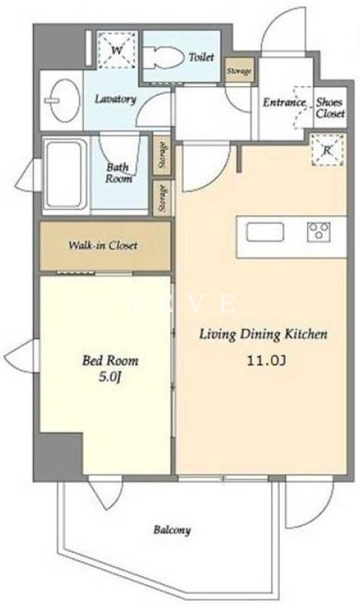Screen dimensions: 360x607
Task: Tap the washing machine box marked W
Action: point(117,50)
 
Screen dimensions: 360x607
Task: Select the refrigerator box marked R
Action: point(328,150)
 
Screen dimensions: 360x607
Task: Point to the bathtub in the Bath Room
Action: point(65,174)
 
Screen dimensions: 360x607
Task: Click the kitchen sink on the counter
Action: point(266,232)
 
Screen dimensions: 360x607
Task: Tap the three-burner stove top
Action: point(318,232)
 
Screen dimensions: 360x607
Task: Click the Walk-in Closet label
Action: point(103,245)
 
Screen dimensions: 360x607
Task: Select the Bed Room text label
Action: point(110,361)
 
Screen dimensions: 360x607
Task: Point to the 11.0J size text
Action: point(266,361)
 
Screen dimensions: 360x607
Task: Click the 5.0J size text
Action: point(110,377)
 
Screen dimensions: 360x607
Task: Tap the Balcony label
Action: point(172,530)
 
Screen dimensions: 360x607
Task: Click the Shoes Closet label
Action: point(330,108)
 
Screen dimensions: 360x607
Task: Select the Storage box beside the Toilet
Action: point(239,71)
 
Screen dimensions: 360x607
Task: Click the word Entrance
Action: point(285,102)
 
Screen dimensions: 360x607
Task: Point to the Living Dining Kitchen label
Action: point(263,334)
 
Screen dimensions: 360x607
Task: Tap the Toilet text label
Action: point(202,57)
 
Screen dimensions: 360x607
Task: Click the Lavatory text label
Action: point(115,99)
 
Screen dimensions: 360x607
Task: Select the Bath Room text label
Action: point(118,173)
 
